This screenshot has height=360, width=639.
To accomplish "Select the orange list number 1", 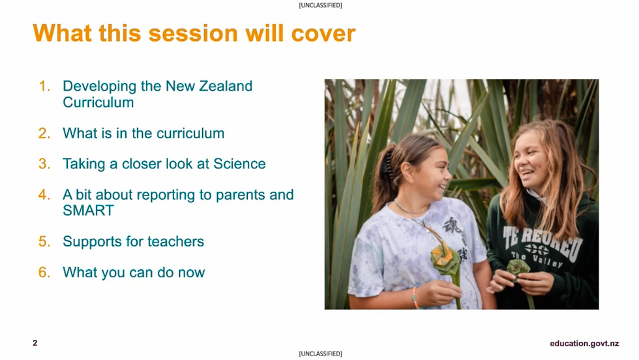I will (44, 86).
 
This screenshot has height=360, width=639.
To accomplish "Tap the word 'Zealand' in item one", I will (225, 86).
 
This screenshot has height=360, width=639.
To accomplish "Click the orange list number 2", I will (44, 133).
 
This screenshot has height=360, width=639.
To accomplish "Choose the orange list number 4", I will (44, 194).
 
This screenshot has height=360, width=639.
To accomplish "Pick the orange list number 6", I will (44, 272).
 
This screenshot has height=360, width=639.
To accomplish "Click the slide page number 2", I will (35, 343).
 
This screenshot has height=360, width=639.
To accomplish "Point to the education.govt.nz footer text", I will (584, 344).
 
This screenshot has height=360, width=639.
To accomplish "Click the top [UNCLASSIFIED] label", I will (319, 5).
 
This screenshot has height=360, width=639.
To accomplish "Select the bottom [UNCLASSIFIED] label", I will (319, 354).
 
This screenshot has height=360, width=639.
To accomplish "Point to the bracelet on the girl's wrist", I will (415, 298).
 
